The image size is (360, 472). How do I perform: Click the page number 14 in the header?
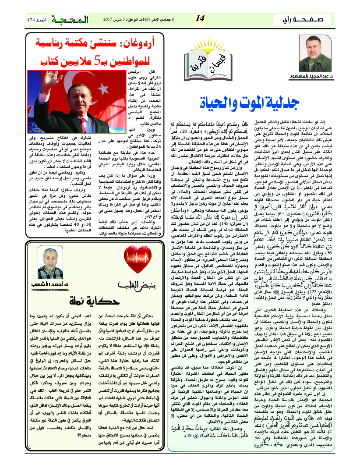[x=200, y=18]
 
